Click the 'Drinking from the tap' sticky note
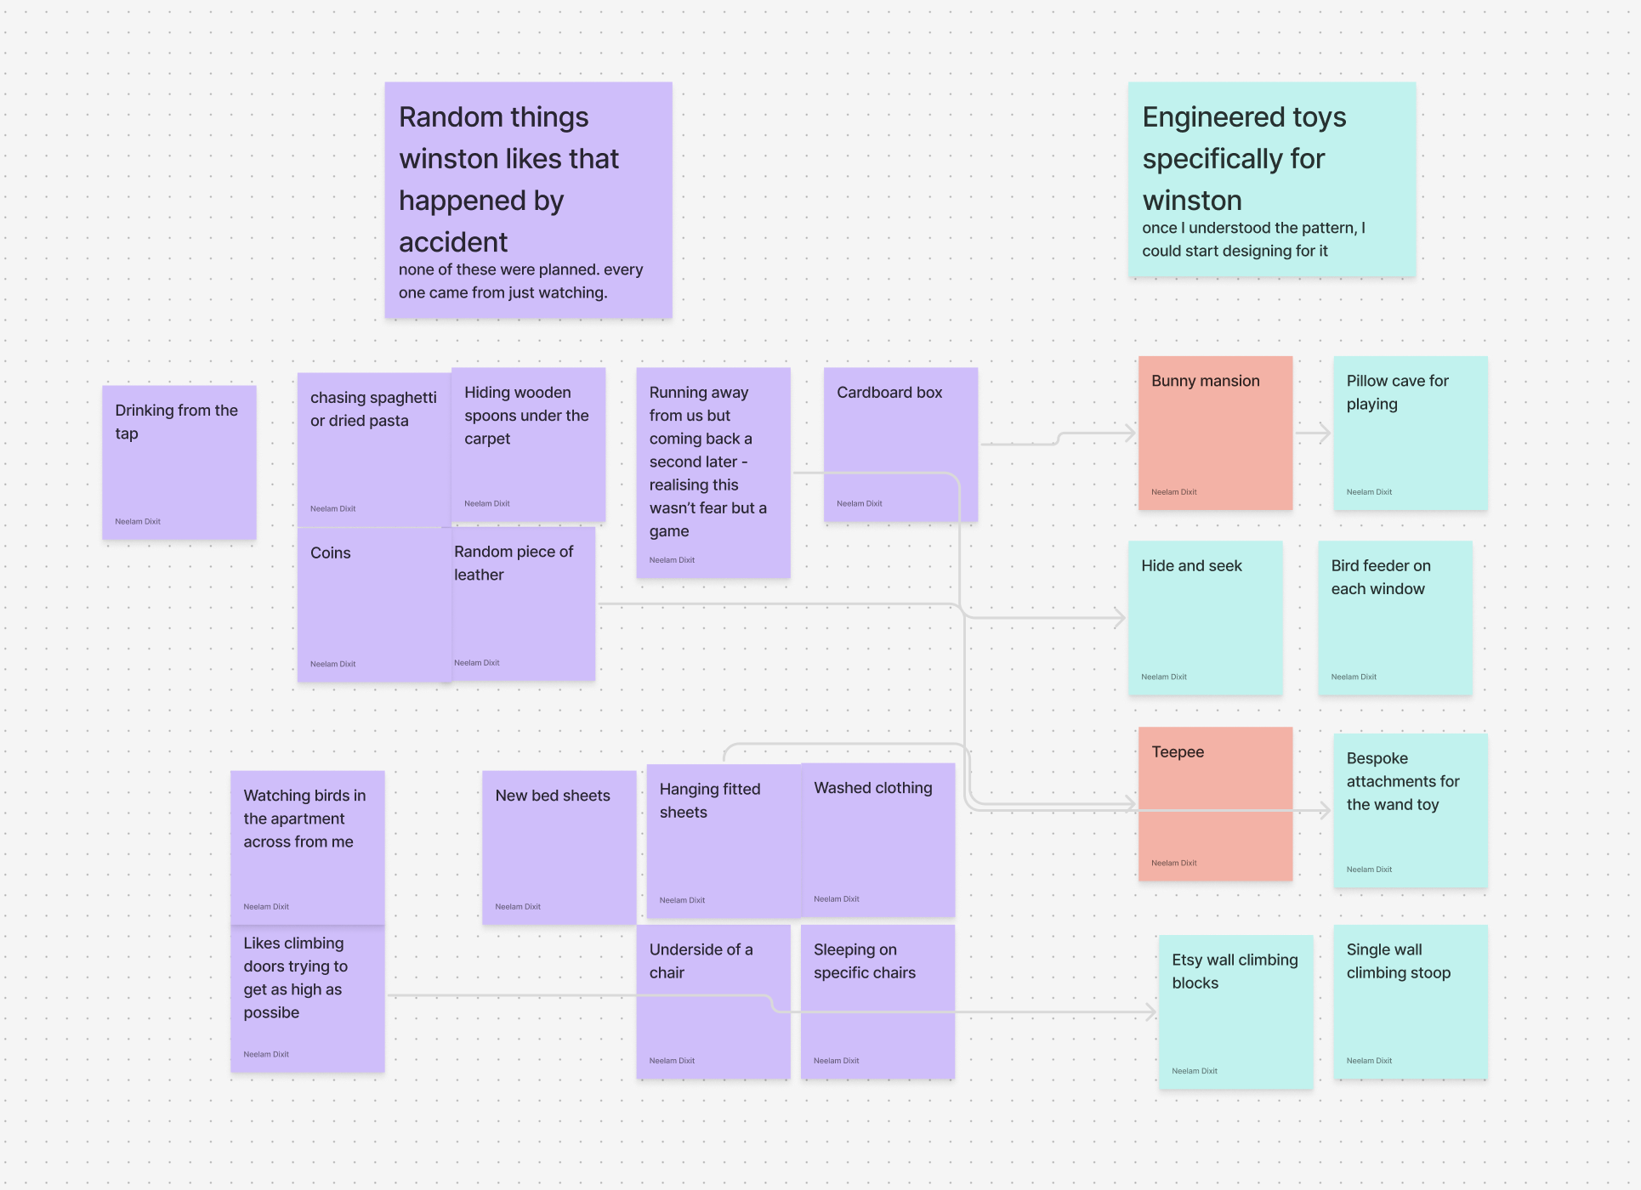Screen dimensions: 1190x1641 (179, 463)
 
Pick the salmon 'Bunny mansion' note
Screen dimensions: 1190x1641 (1215, 433)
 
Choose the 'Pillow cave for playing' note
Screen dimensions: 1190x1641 (1410, 433)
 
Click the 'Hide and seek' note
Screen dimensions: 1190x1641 (1205, 619)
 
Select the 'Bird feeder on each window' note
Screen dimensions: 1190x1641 (1394, 619)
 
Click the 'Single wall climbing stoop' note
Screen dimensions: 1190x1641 (1410, 1003)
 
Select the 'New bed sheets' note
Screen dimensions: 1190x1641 (559, 848)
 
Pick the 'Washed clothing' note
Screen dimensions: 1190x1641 (877, 840)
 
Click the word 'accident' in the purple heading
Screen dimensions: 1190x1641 (453, 242)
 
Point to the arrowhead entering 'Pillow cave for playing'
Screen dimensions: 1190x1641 (1325, 433)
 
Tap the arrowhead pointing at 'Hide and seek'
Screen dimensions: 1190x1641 (1121, 618)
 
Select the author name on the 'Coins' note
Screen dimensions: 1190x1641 (332, 664)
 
